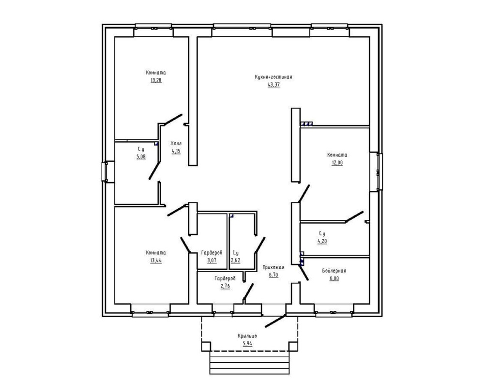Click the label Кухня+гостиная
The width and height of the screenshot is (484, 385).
tap(273, 77)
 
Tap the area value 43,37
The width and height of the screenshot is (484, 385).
tap(273, 84)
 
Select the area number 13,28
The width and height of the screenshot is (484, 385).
tap(156, 80)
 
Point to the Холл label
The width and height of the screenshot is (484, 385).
tap(176, 143)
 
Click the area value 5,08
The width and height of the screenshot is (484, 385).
tap(141, 156)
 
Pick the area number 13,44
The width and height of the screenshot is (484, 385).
tap(156, 260)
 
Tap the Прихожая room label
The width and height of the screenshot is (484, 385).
tap(273, 267)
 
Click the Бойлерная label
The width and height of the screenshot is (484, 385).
tap(334, 271)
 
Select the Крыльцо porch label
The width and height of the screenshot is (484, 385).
tap(247, 336)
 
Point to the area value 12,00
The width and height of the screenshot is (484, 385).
tap(337, 163)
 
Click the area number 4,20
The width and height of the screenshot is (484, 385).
tap(322, 241)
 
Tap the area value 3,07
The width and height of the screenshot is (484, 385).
tap(212, 260)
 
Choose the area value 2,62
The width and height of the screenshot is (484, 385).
tap(235, 260)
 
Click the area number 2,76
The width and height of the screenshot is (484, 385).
tap(225, 286)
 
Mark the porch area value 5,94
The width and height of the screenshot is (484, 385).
tap(247, 344)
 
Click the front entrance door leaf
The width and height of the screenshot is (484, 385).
tap(276, 321)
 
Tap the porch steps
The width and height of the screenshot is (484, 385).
tap(249, 363)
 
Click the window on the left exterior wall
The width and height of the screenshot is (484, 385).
tap(105, 171)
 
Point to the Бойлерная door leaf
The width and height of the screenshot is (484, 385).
tap(303, 272)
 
